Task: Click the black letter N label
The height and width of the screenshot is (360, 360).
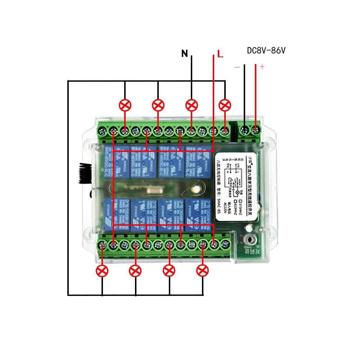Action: (185, 54)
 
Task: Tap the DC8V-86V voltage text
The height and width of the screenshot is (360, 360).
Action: (266, 50)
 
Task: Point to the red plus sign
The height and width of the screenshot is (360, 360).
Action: (262, 67)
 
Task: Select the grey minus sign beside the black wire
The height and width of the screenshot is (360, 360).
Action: (237, 67)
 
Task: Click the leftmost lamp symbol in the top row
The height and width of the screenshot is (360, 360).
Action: (125, 105)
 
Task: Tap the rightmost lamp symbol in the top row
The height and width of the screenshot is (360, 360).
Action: (225, 105)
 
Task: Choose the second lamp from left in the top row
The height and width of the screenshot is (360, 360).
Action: (158, 105)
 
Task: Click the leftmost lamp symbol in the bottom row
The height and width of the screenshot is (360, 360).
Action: (102, 270)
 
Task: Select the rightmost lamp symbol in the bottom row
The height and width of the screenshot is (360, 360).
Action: (203, 270)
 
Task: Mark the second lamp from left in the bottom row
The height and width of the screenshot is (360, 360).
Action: (135, 270)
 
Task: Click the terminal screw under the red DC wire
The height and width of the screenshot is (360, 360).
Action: (256, 130)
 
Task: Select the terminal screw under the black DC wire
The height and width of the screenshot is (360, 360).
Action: (245, 130)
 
